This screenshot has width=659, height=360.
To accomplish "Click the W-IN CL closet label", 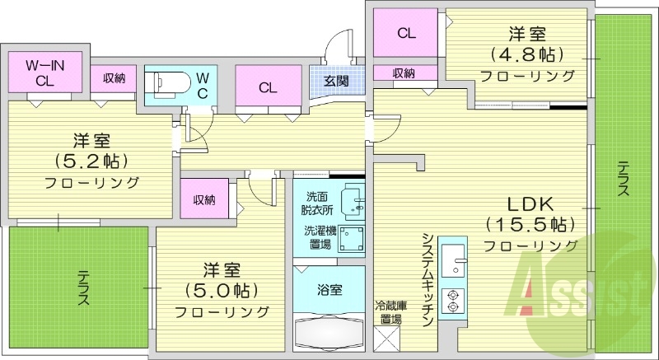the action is (x=44, y=72).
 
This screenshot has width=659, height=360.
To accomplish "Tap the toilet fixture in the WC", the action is (x=167, y=82).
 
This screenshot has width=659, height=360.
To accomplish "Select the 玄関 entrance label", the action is (x=337, y=81).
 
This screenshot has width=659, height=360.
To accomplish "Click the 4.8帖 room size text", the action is (x=526, y=54).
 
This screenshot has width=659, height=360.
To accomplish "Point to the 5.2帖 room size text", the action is (x=91, y=161).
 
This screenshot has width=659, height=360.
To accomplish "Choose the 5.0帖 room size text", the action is (x=221, y=290).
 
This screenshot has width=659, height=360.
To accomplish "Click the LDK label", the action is (x=530, y=204).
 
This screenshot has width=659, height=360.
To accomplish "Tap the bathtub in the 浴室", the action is (x=329, y=331).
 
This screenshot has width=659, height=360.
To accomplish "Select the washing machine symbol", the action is (x=352, y=238).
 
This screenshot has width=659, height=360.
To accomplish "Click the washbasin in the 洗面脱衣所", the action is (x=353, y=202).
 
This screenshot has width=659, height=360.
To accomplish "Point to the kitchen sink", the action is (x=453, y=260).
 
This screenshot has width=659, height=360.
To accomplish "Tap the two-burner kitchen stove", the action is (x=452, y=301).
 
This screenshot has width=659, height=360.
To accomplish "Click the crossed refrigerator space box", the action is (x=386, y=339).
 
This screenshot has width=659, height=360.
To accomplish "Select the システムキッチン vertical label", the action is (x=428, y=280).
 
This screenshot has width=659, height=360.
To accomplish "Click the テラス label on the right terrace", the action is (x=624, y=180).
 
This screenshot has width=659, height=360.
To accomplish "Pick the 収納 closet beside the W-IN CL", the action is (x=114, y=78).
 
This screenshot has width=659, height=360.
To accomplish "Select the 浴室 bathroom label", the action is (x=329, y=290).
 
